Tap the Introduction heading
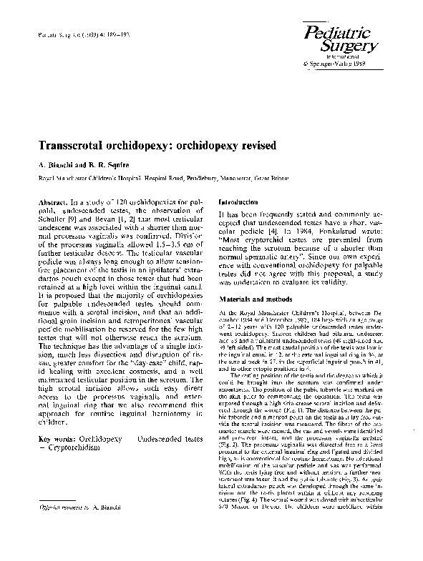[240, 203]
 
